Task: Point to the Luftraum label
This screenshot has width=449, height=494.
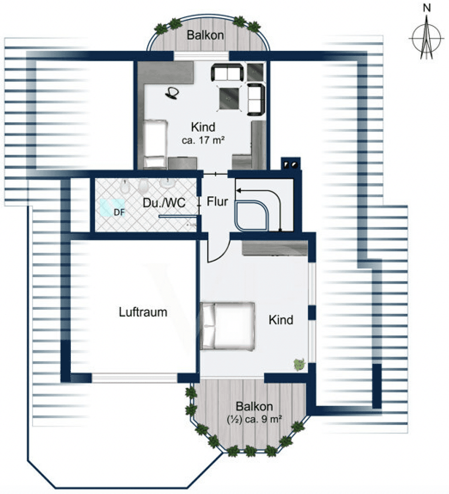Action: (x=143, y=312)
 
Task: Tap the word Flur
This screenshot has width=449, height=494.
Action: (x=217, y=202)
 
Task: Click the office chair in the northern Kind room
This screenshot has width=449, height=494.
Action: (x=173, y=93)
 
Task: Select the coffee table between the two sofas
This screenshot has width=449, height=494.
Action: (x=230, y=98)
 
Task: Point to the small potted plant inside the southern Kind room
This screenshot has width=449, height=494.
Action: (x=299, y=364)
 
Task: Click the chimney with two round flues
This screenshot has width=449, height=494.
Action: (x=291, y=163)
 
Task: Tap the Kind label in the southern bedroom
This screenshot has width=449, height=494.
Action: (x=280, y=320)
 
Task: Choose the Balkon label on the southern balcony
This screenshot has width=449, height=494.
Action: (x=254, y=406)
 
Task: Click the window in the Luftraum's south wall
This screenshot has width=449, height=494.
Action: (x=135, y=378)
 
